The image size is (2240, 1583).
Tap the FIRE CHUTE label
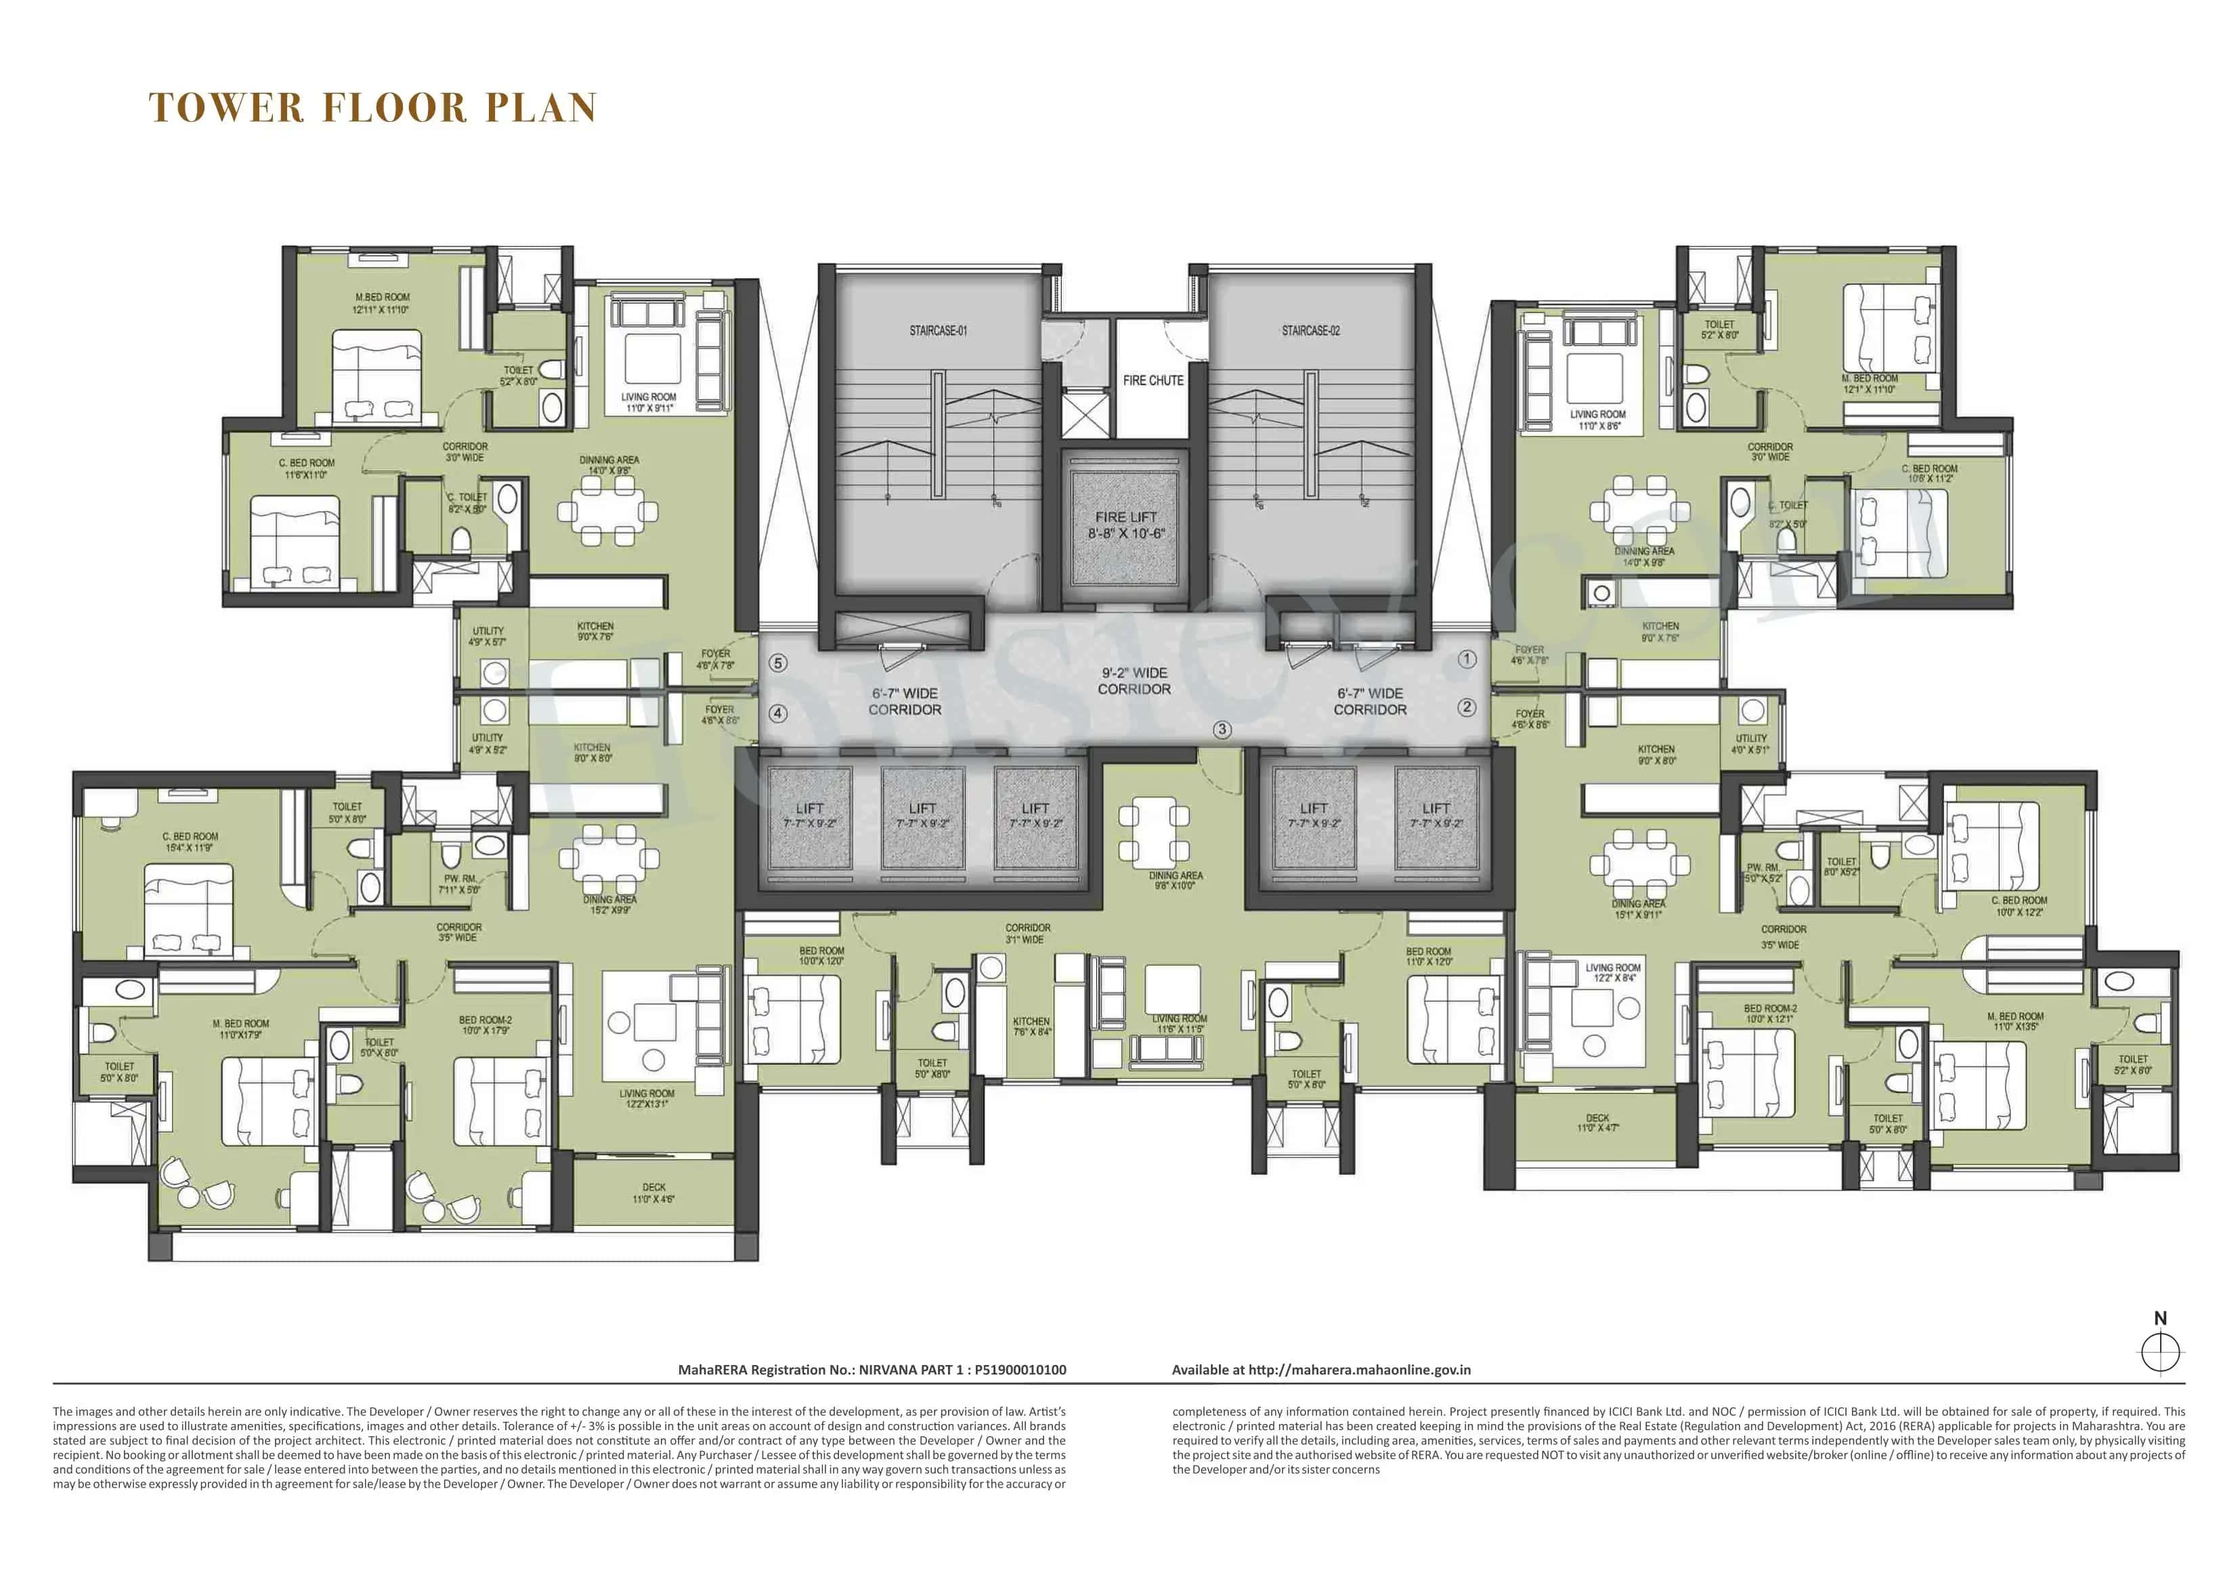click(x=1153, y=380)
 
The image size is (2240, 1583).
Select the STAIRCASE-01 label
click(x=938, y=331)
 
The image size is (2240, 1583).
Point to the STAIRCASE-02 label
click(x=1310, y=331)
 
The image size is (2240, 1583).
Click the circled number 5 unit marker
click(x=777, y=663)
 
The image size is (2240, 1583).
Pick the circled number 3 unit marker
click(x=1222, y=730)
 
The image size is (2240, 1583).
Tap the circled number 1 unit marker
click(x=1466, y=659)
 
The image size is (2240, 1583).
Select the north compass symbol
click(x=2160, y=1351)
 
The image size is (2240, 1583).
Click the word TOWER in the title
click(x=226, y=108)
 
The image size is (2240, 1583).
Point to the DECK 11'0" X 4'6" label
click(x=653, y=1193)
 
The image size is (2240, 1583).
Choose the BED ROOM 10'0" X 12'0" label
click(x=821, y=956)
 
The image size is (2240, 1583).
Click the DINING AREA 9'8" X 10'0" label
click(x=1176, y=880)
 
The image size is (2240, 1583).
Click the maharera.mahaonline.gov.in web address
click(x=1359, y=1369)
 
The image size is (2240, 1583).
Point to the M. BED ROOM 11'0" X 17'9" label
click(x=241, y=1029)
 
